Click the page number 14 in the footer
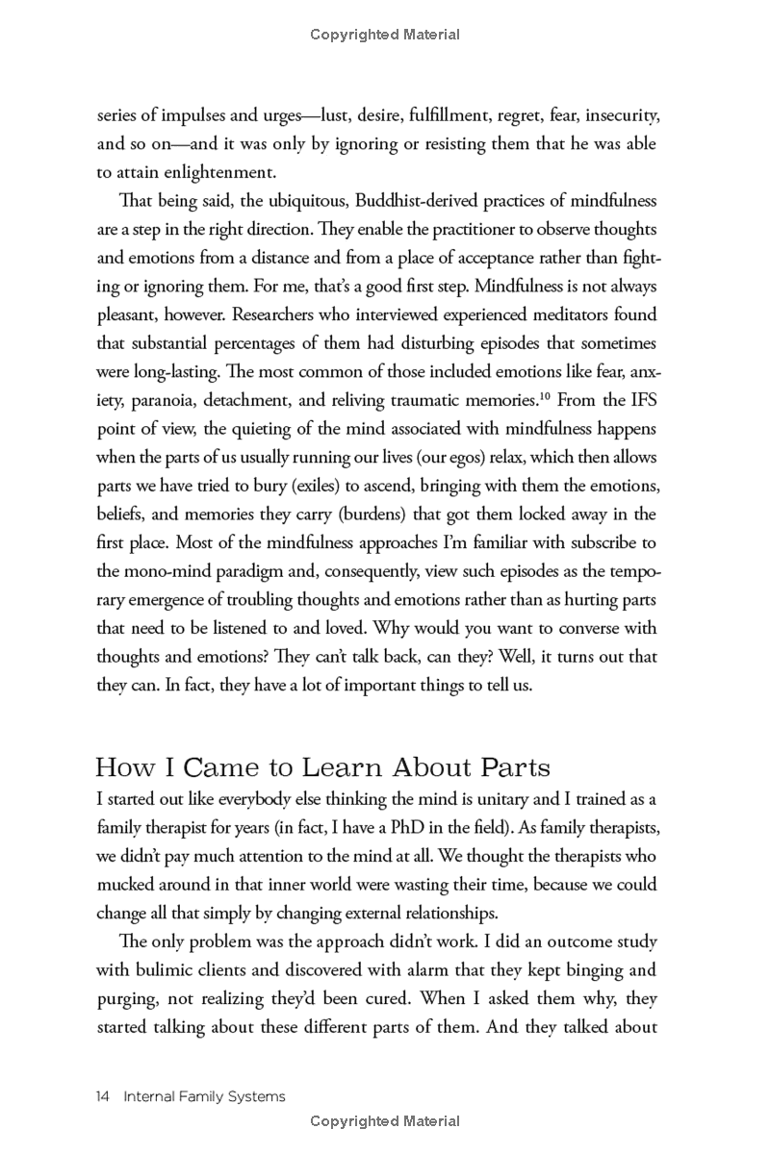point(104,1096)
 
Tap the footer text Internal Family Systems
point(204,1096)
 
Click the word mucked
point(126,884)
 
